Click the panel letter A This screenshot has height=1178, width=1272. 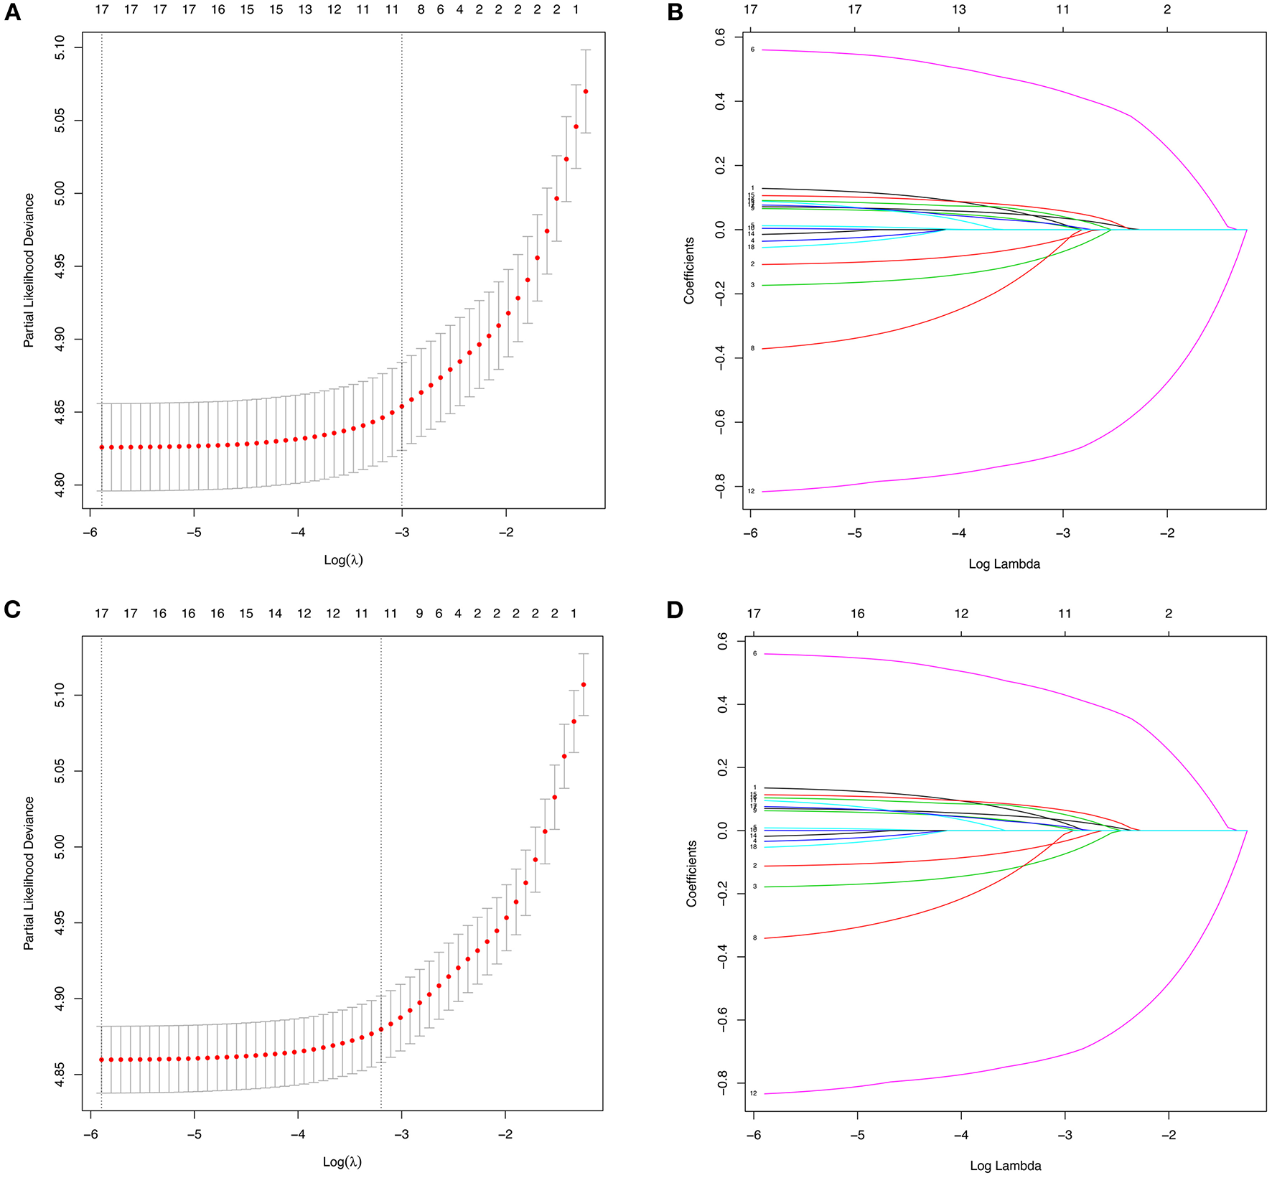(12, 12)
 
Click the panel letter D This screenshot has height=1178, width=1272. (675, 610)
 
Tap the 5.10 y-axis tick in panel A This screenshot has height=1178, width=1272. (60, 48)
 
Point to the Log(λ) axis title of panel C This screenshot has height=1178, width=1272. (342, 1161)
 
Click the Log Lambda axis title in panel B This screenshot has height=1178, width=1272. (1004, 564)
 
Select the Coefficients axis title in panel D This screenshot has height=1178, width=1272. (692, 873)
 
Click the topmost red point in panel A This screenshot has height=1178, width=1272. (586, 91)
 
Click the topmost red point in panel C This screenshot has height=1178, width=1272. (584, 685)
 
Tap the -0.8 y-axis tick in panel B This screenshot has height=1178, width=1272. (720, 486)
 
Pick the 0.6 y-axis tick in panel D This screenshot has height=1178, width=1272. (722, 642)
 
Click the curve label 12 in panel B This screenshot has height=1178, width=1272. (751, 492)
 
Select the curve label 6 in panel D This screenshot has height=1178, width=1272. (754, 654)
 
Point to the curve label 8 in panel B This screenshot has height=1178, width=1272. (752, 349)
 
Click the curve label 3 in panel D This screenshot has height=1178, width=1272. (754, 887)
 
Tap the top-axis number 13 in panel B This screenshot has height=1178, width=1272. (958, 9)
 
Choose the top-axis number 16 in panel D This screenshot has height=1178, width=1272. (857, 614)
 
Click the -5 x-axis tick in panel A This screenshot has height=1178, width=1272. (194, 533)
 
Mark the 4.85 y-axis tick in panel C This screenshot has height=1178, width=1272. (60, 1075)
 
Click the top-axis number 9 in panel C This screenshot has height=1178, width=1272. (419, 614)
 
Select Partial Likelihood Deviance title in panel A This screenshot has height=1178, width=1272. (29, 271)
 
